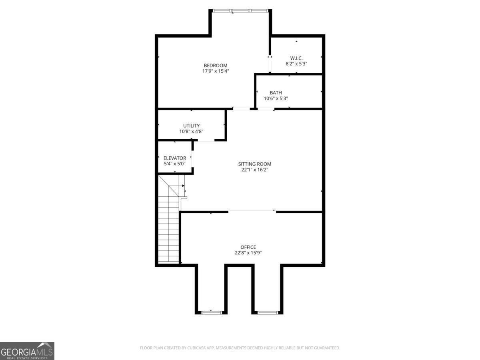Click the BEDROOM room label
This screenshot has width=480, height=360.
pos(216,66)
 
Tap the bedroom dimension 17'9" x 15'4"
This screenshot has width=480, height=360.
pos(216,71)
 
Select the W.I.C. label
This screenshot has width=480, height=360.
pos(296,58)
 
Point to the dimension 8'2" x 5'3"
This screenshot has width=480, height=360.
pos(296,64)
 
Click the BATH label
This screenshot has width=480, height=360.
pos(276,93)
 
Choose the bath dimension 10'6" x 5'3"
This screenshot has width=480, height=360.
pos(276,98)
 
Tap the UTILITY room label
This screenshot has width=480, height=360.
pos(192,126)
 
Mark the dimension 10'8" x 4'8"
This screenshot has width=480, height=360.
pos(192,131)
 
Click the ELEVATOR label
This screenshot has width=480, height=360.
pos(175,158)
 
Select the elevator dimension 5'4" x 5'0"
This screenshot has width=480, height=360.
pos(175,164)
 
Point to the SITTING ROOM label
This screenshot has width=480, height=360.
pos(255,164)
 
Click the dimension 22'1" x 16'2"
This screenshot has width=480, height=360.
pos(255,170)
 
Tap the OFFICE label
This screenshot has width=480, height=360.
pos(248,247)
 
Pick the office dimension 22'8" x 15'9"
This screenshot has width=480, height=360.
pos(248,253)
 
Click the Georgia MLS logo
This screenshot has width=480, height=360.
pos(27,351)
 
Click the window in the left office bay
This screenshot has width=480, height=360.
pos(211,312)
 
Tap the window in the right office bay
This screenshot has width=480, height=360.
pos(268,312)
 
